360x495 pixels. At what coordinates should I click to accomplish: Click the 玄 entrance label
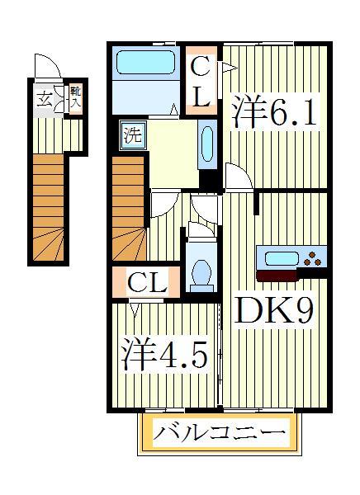click(x=42, y=101)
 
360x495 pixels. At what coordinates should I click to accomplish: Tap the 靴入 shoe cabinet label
click(x=74, y=98)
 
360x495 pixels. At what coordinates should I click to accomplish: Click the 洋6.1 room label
click(x=274, y=111)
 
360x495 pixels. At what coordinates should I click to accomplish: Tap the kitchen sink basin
click(x=282, y=257)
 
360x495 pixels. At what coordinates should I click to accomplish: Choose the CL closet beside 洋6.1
click(x=201, y=81)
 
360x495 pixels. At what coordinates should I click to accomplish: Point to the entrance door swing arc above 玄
click(x=46, y=66)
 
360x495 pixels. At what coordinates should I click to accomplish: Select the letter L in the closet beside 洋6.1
click(x=201, y=98)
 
